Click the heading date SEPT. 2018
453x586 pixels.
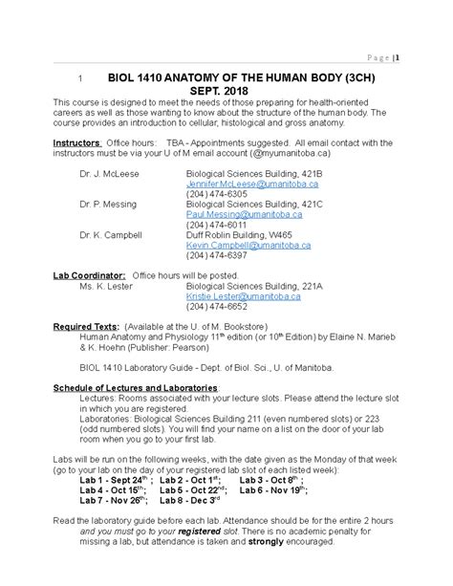click(x=226, y=90)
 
